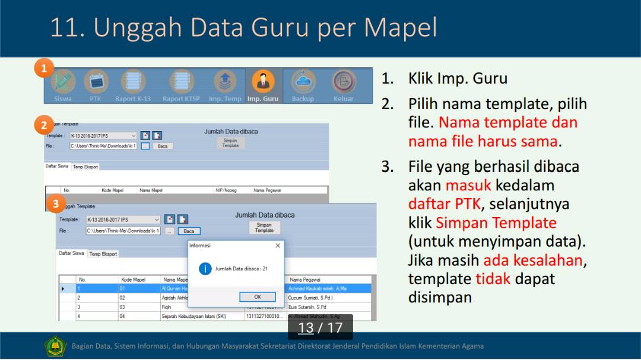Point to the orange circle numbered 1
click(44, 69)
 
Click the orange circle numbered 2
click(44, 125)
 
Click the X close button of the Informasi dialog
click(277, 246)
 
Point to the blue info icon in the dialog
click(205, 269)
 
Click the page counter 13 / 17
click(320, 327)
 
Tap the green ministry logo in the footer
click(55, 346)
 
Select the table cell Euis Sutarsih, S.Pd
click(307, 307)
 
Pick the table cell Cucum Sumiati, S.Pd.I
click(310, 298)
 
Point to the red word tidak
click(493, 278)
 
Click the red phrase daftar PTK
click(444, 204)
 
